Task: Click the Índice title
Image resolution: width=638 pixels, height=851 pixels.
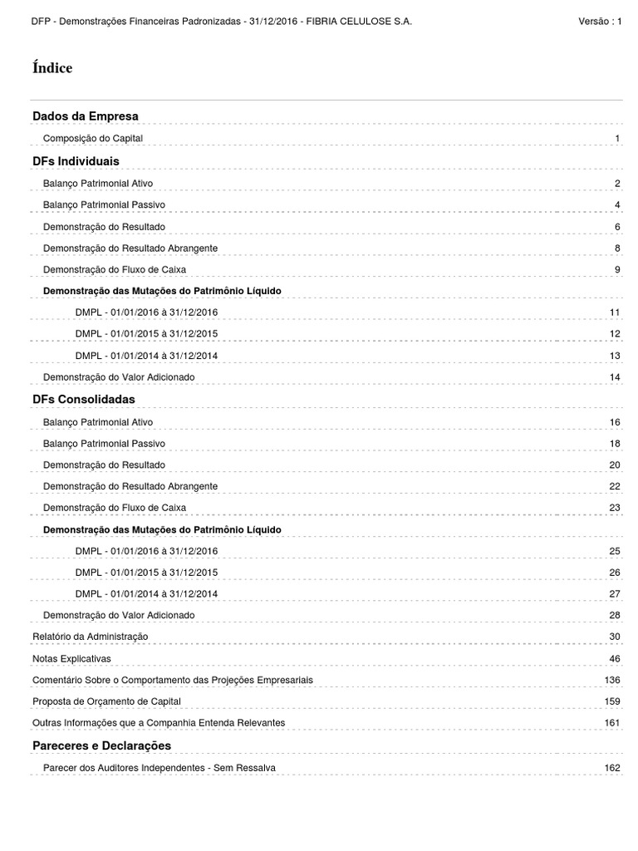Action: [52, 68]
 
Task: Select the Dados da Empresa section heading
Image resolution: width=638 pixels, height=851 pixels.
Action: [86, 116]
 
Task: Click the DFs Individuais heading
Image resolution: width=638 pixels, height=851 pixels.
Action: [76, 160]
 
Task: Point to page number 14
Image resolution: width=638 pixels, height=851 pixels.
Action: [615, 377]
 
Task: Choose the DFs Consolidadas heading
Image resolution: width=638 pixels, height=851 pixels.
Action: [83, 399]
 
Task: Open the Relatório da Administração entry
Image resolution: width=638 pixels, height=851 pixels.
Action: [91, 637]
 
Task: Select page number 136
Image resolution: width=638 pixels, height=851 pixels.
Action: [612, 680]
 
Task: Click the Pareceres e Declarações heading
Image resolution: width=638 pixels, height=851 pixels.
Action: [101, 745]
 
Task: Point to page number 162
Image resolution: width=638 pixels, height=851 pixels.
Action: [612, 768]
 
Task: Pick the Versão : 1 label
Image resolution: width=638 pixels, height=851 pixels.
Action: [599, 21]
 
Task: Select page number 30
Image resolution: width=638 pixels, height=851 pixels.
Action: [615, 637]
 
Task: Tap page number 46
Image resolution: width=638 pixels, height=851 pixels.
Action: [615, 658]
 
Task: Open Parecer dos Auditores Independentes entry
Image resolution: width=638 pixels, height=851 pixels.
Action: [159, 768]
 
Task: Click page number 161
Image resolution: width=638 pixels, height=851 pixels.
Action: [612, 723]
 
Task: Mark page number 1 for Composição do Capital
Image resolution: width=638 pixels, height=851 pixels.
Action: [618, 138]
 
